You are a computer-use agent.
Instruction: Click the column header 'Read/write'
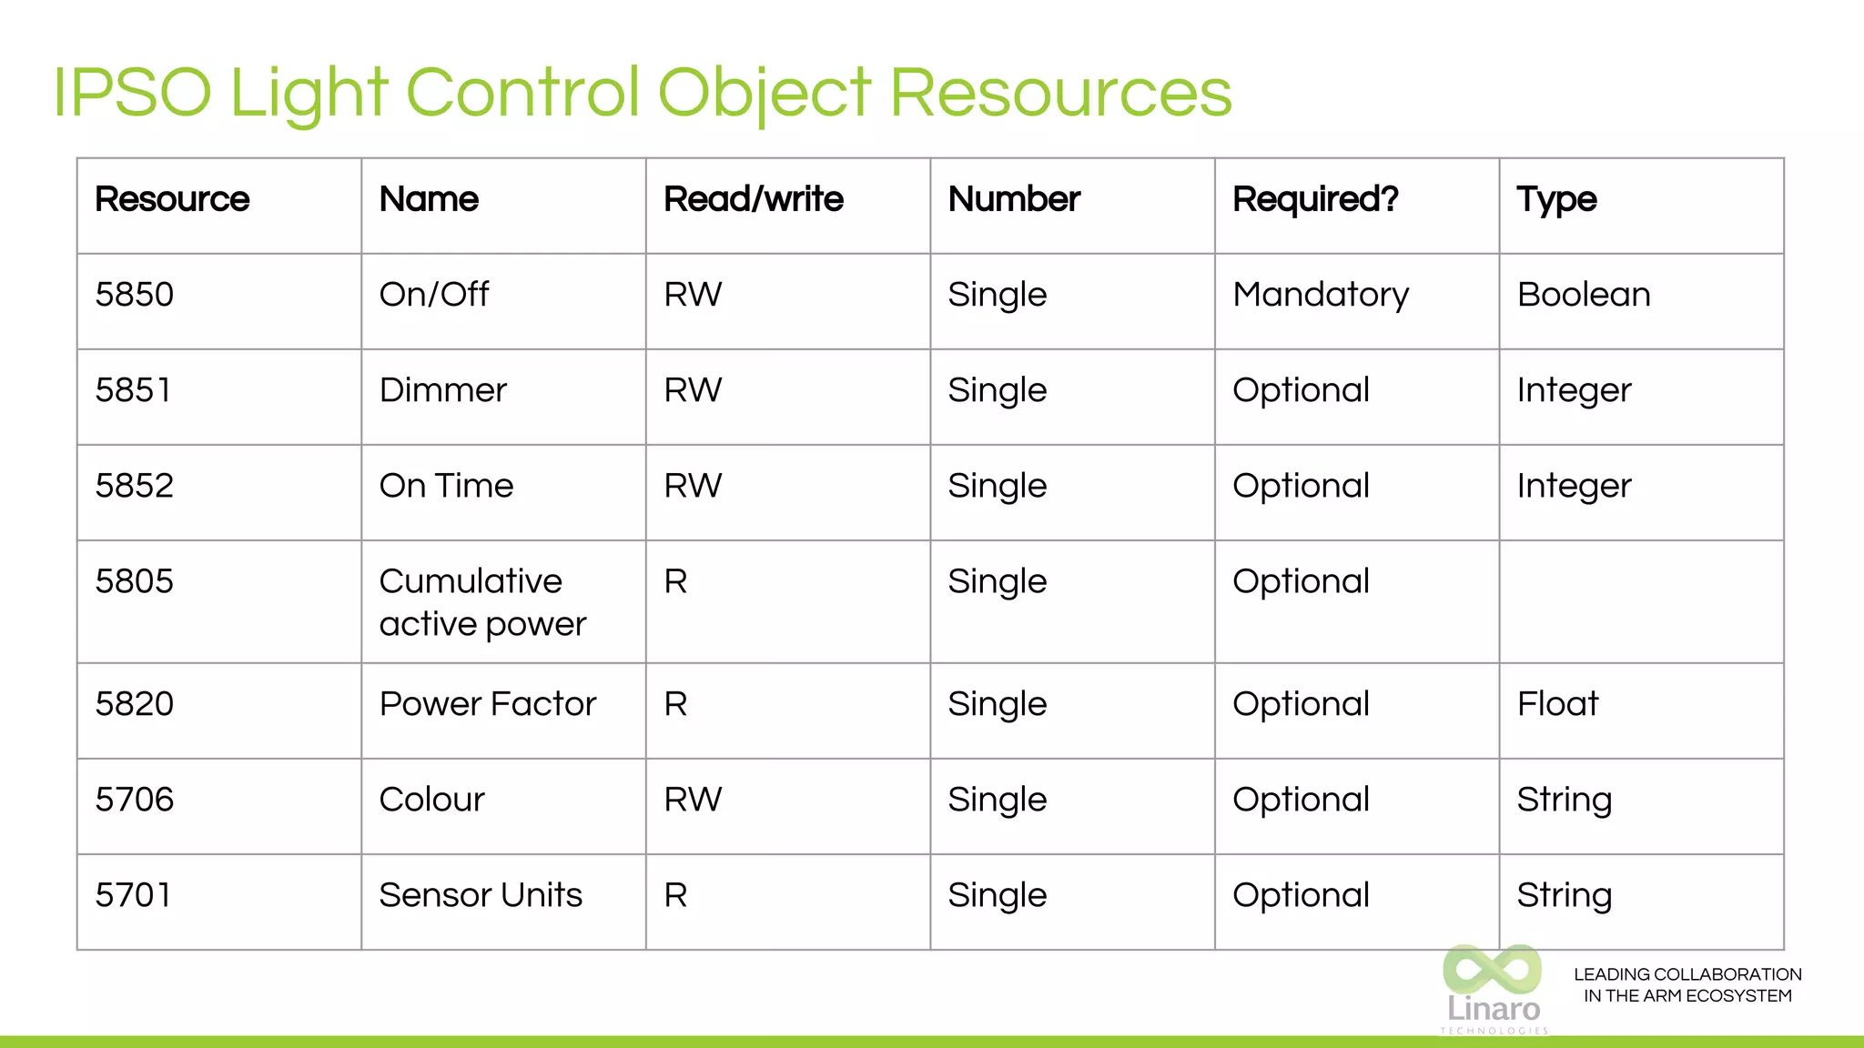[754, 199]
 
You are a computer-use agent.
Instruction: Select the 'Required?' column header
[1315, 199]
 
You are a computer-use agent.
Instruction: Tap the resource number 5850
[135, 295]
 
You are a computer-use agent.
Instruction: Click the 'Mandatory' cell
[1321, 295]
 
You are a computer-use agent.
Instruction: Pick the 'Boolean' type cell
[1584, 295]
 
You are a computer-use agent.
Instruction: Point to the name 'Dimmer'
[443, 390]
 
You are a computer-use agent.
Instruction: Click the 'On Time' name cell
[446, 486]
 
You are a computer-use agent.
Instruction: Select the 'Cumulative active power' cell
[482, 602]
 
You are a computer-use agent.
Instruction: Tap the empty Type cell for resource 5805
[1641, 602]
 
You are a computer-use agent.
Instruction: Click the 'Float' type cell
[1557, 704]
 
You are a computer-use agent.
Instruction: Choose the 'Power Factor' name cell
[488, 704]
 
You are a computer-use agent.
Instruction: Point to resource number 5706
[135, 800]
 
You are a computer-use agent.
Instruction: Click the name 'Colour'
[432, 800]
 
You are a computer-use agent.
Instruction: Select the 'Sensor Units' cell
[481, 895]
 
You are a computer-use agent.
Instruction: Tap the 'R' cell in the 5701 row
[675, 895]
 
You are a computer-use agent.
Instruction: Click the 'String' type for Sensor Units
[1565, 895]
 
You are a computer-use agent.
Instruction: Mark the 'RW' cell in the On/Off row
[693, 295]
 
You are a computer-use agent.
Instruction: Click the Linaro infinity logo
[1493, 972]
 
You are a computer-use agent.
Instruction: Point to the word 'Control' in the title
[522, 93]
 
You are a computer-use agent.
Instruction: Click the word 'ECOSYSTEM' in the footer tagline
[1738, 996]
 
